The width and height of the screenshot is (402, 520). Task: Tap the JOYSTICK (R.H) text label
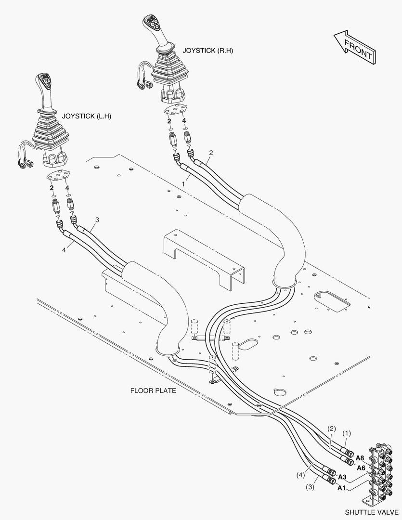point(207,51)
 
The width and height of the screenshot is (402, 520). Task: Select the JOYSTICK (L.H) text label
point(87,117)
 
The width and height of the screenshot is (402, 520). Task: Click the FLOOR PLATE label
point(153,390)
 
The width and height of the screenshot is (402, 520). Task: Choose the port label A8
point(360,458)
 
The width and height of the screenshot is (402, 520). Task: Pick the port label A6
point(361,468)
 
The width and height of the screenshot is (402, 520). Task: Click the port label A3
point(342,477)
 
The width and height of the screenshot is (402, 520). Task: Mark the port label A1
point(341,488)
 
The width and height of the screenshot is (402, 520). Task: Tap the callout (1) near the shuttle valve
point(346,433)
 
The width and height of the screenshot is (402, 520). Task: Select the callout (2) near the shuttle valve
point(331,429)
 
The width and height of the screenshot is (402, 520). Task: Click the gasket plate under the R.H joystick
point(175,109)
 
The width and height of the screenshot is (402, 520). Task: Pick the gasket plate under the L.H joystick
point(59,177)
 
